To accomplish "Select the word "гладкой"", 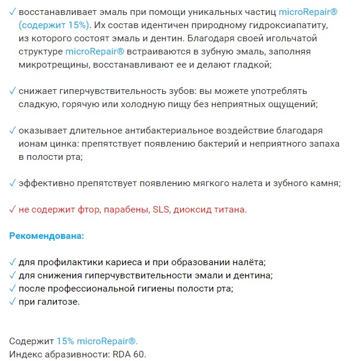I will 254,65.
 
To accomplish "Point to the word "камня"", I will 324,183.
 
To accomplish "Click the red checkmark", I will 13,210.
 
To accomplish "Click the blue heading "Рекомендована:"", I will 47,236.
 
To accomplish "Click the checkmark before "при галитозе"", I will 13,301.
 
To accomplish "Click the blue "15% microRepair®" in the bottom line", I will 97,341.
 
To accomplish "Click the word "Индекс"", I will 25,354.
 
